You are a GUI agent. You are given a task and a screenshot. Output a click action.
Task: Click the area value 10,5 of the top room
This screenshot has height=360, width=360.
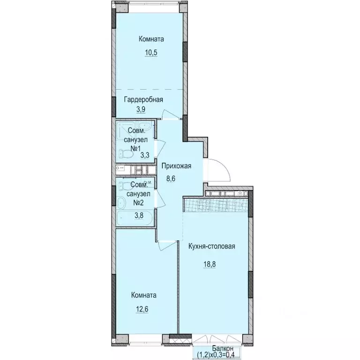(x=150, y=52)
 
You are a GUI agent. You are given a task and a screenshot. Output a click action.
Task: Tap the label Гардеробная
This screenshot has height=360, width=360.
(x=143, y=99)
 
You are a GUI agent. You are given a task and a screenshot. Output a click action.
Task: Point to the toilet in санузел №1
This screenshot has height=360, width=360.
(x=124, y=153)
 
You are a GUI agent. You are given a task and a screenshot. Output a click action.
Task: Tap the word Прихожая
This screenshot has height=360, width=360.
(x=177, y=166)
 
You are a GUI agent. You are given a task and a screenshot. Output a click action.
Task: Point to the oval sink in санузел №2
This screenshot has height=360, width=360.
(x=121, y=202)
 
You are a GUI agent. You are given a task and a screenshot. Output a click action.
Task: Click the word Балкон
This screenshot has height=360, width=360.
(x=220, y=348)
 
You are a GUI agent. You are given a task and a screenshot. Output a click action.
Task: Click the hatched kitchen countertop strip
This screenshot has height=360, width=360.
(x=216, y=204)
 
